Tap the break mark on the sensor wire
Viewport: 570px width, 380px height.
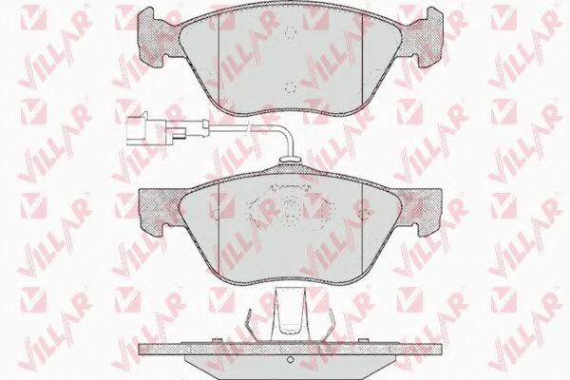pyautogui.click(x=249, y=127)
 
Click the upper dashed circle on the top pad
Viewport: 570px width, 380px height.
pyautogui.click(x=291, y=33)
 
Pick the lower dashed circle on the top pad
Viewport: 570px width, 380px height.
pyautogui.click(x=291, y=88)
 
